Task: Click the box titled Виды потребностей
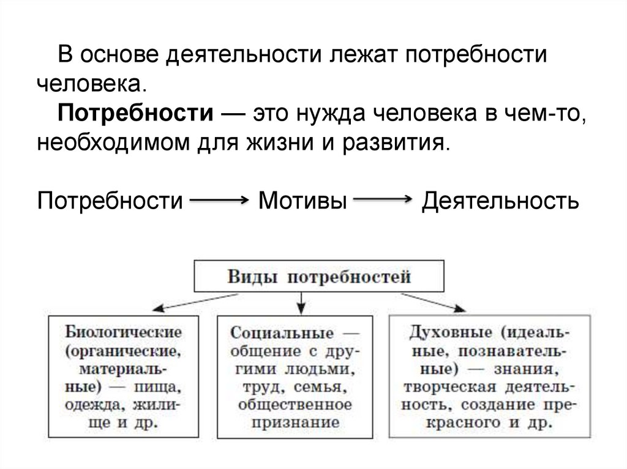318,276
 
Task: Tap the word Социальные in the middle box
282,333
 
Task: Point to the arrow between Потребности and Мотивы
219,200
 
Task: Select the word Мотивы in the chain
300,201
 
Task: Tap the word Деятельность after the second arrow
500,201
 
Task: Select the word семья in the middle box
325,387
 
